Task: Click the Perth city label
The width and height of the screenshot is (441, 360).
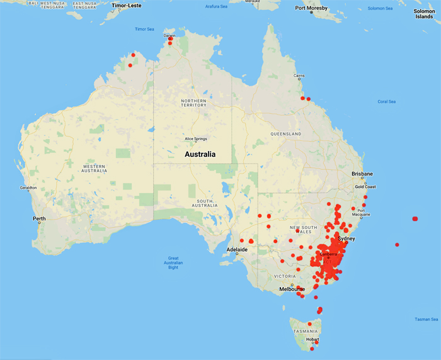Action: pos(39,219)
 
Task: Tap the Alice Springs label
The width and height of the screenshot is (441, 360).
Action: pos(197,139)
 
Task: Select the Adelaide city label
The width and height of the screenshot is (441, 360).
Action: pos(238,250)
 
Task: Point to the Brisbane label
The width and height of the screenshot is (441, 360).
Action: pos(362,174)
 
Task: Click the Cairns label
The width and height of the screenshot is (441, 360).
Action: pos(299,76)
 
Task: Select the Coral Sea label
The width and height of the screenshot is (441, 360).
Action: pos(386,101)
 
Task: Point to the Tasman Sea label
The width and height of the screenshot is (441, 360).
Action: pos(426,320)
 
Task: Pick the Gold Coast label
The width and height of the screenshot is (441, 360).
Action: pos(365,187)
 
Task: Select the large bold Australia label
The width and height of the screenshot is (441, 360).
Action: pos(200,154)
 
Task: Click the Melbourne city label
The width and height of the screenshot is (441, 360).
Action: pos(292,289)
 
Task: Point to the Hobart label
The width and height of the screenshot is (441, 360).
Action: pos(312,339)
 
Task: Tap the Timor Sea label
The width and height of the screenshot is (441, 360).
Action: pos(144,29)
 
